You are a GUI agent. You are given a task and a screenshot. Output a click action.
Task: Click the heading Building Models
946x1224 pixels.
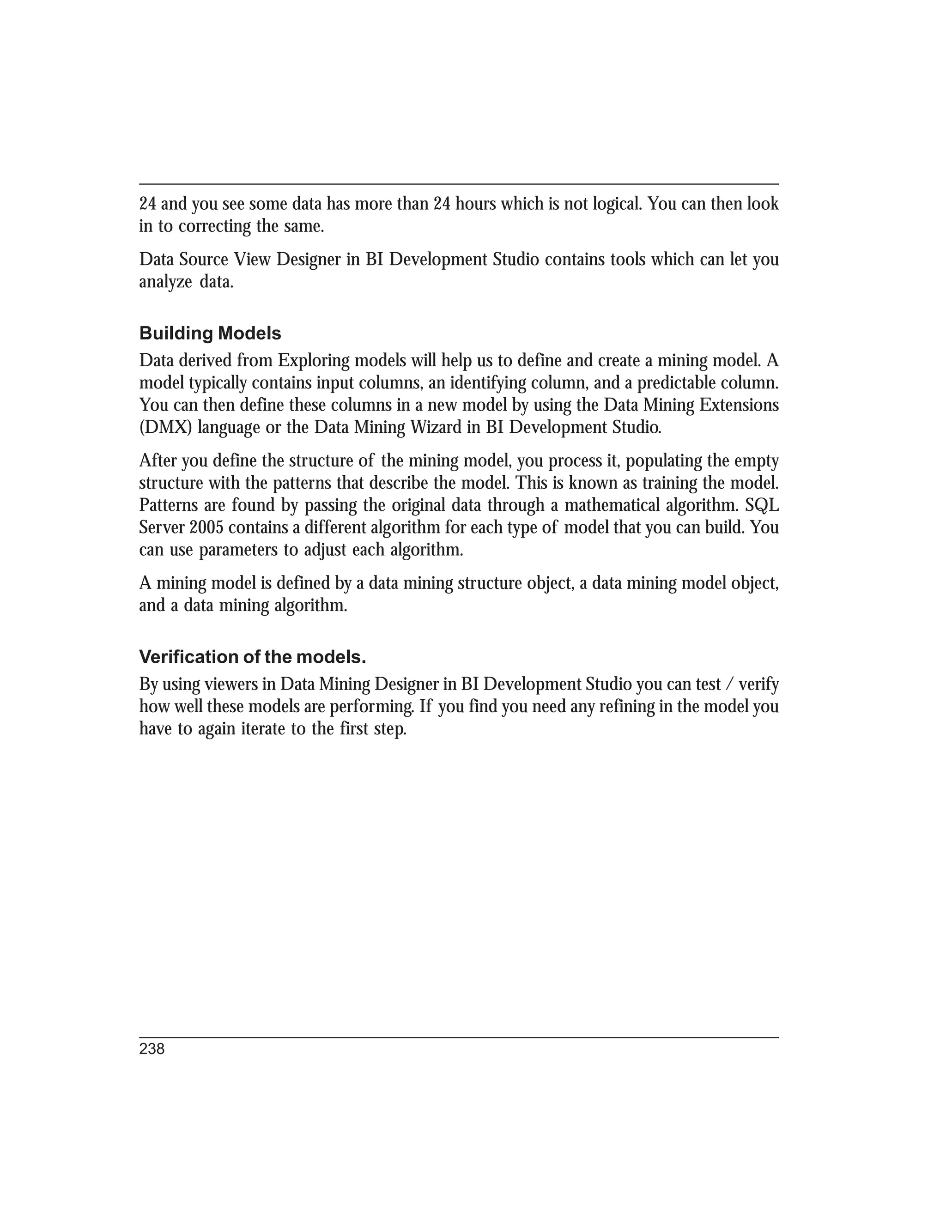pyautogui.click(x=210, y=333)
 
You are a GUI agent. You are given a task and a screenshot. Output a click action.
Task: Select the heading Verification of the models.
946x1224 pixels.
pyautogui.click(x=252, y=657)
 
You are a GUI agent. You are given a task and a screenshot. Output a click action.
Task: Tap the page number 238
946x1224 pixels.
pyautogui.click(x=152, y=1049)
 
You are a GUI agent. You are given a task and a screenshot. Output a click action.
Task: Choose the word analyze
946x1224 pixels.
pyautogui.click(x=165, y=282)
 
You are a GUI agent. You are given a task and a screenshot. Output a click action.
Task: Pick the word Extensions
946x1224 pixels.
pyautogui.click(x=739, y=405)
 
